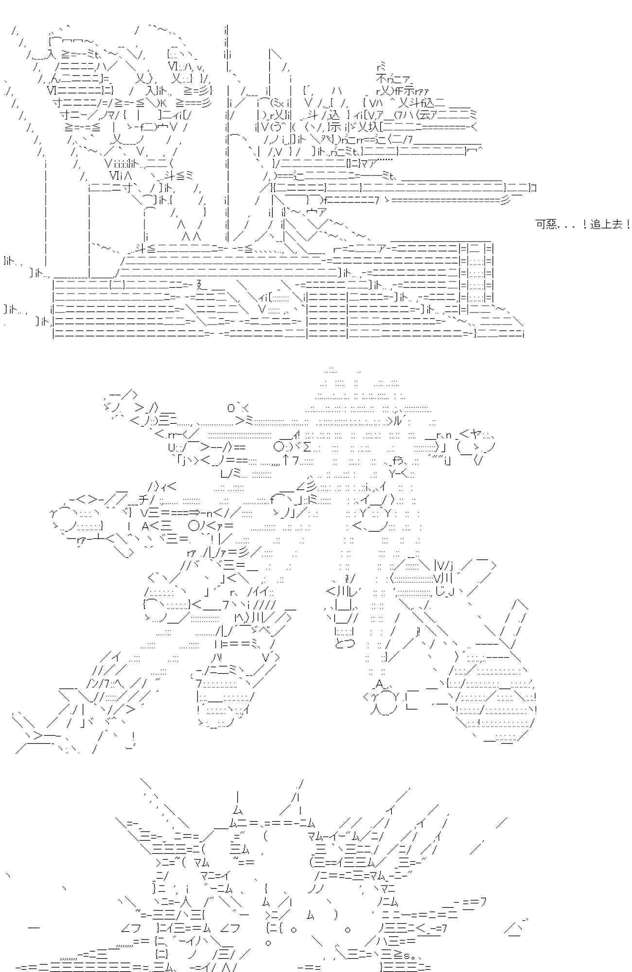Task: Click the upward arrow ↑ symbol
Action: [286, 458]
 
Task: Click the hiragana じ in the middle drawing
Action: [439, 591]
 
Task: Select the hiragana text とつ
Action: [345, 643]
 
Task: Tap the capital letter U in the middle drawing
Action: [171, 446]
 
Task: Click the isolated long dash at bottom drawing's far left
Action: [34, 927]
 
